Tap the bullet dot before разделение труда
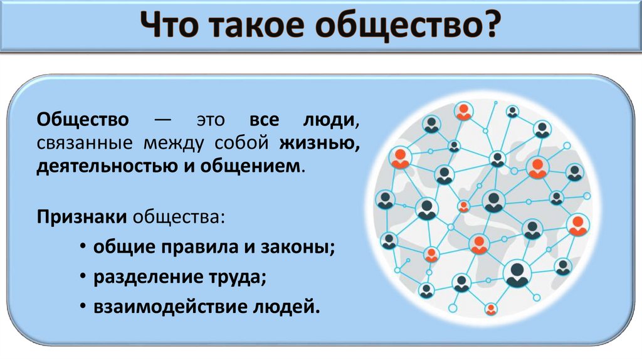coord(83,277)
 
